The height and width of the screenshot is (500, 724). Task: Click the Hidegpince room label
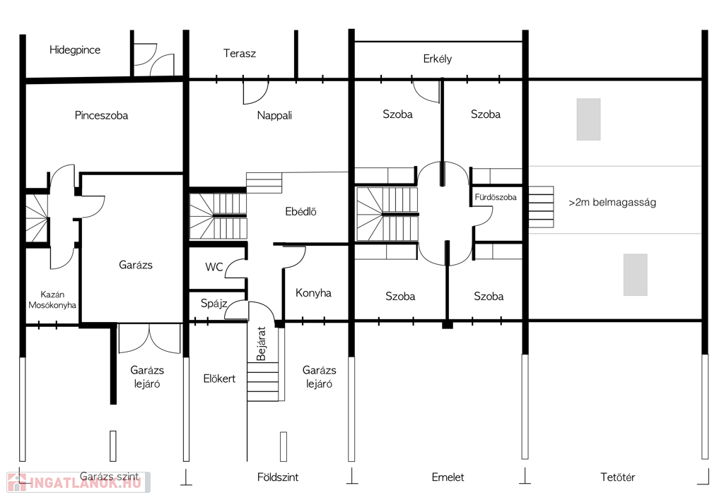point(75,50)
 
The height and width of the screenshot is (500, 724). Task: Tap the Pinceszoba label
point(101,115)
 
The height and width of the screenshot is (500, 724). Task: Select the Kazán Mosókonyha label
point(52,300)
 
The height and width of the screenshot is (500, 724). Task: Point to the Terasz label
point(239,54)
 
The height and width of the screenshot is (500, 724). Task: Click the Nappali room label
point(274,116)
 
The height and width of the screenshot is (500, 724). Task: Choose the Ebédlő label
point(300,212)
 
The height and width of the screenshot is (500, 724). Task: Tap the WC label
point(214,267)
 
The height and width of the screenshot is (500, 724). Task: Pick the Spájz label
point(214,304)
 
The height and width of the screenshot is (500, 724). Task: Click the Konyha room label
point(313,293)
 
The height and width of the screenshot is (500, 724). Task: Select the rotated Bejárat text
point(261,344)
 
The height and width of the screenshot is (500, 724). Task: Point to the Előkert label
point(219,379)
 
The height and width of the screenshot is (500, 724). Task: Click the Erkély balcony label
point(437,59)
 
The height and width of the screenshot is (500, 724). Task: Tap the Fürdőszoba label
point(496,198)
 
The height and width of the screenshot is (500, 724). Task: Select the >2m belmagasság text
point(612,203)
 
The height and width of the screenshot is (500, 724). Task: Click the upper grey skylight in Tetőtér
point(588,119)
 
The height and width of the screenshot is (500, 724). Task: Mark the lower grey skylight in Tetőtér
point(636,275)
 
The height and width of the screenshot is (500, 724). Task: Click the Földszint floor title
point(277,477)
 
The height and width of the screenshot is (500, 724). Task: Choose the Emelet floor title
point(448,477)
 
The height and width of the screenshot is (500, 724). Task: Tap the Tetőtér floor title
point(617,477)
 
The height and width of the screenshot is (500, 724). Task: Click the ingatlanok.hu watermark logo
point(78,482)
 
